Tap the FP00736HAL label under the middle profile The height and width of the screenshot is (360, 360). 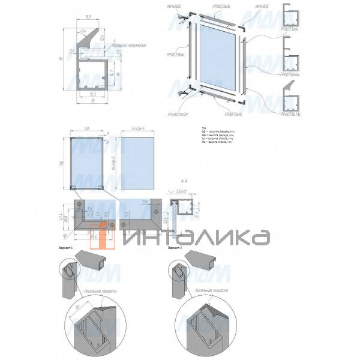[292, 74]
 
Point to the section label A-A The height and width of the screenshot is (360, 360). [182, 180]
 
